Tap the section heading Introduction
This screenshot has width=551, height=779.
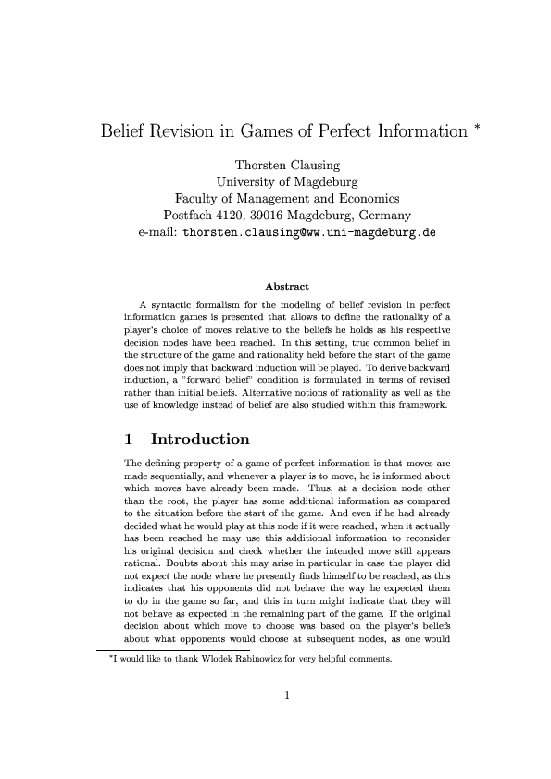[200, 439]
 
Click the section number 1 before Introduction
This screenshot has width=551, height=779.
[130, 439]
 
